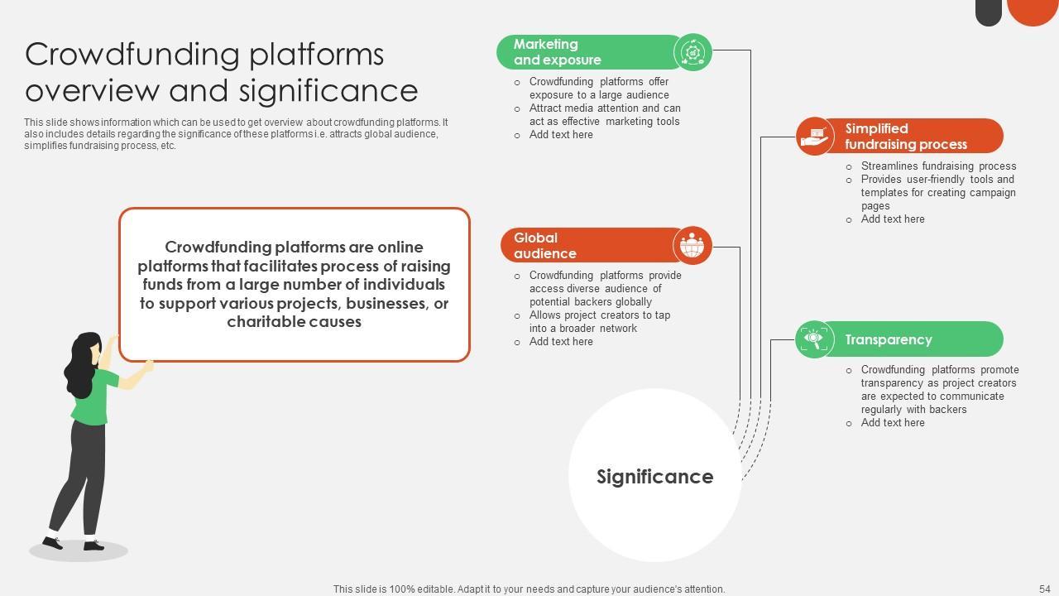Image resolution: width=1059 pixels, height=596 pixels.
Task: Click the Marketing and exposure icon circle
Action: tap(692, 53)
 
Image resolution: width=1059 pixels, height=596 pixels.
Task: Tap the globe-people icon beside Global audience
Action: tap(692, 246)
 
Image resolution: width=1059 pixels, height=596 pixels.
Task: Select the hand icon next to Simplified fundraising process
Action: tap(815, 136)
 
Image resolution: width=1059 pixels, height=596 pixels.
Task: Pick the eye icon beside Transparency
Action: tap(814, 339)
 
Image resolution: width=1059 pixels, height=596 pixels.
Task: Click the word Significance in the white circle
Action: tap(654, 477)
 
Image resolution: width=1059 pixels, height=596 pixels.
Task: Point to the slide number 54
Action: tap(1044, 589)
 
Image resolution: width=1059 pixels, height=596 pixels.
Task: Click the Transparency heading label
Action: tap(888, 339)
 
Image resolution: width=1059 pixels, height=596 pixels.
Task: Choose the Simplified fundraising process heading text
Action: tap(905, 137)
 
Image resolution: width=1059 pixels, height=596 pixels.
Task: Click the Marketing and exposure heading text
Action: tap(557, 52)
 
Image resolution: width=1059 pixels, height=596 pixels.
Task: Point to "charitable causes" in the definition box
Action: tap(294, 322)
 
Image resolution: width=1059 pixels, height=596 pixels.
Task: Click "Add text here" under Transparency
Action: tap(892, 423)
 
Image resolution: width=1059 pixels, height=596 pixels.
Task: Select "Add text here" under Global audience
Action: tap(560, 342)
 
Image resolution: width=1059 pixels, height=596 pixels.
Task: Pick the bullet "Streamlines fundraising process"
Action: tap(937, 166)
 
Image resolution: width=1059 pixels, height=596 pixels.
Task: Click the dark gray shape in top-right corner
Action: tap(988, 12)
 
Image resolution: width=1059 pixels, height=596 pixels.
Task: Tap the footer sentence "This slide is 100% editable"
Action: tap(529, 589)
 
